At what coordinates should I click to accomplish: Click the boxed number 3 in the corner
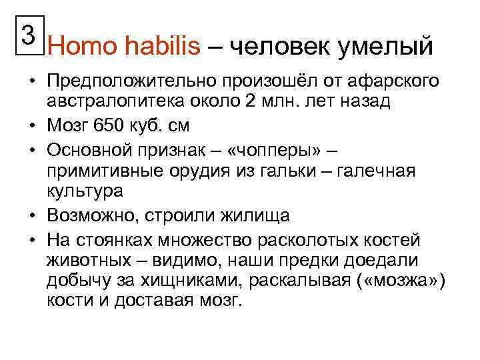[26, 33]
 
